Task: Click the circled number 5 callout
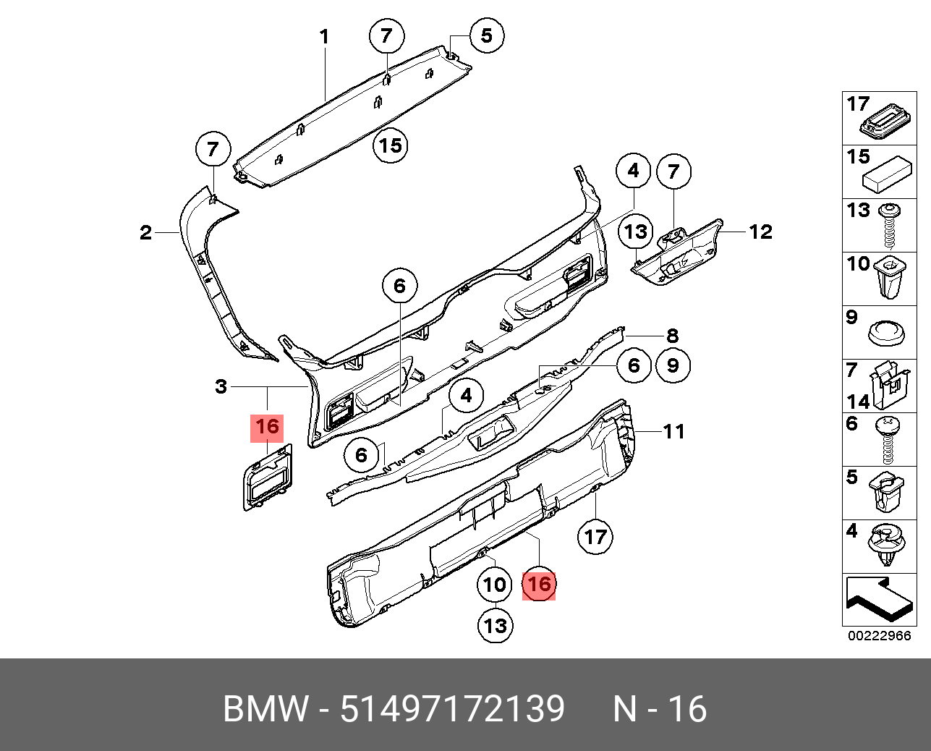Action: point(486,35)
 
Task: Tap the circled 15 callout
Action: point(390,146)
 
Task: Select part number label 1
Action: point(325,36)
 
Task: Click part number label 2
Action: point(146,232)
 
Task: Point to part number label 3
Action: point(221,387)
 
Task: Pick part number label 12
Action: point(760,232)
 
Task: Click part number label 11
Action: point(673,432)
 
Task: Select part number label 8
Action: point(672,336)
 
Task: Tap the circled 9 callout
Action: point(673,365)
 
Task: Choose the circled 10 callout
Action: point(495,584)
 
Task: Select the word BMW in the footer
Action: point(265,709)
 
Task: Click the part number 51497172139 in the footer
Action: point(452,709)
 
